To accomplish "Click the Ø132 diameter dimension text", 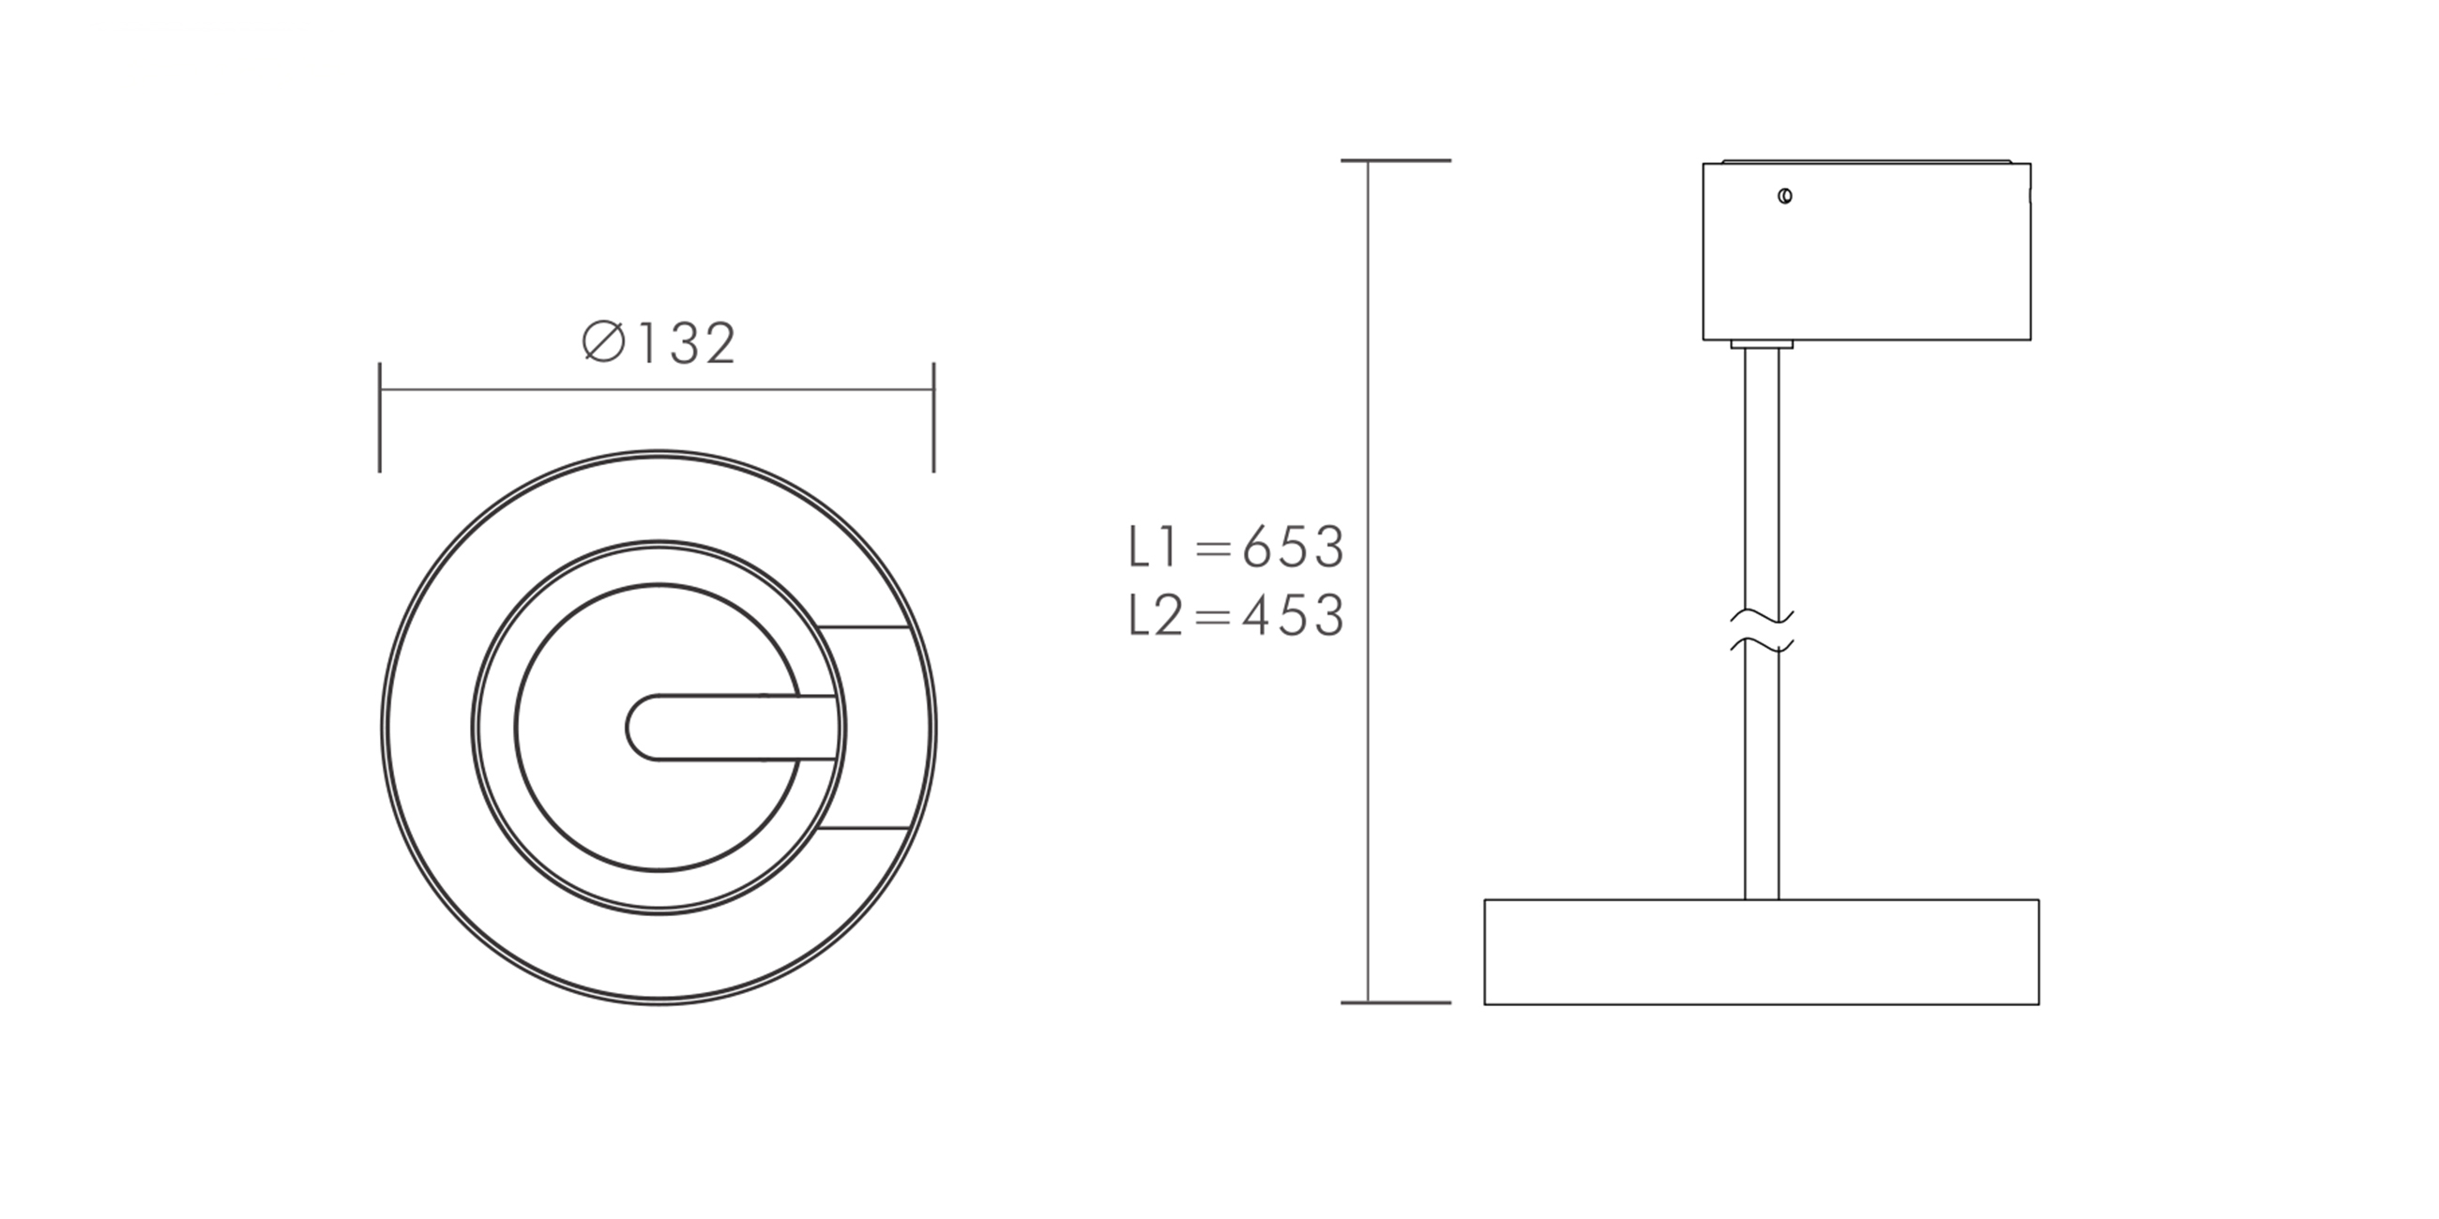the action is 659,342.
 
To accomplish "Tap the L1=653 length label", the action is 1235,547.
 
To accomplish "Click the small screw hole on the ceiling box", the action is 1785,197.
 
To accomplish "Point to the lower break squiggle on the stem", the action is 1762,646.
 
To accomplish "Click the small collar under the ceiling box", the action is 1762,344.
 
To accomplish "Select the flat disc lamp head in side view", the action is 1761,951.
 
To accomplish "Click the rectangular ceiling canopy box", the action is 1866,251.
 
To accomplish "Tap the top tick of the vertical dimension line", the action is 1396,161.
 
